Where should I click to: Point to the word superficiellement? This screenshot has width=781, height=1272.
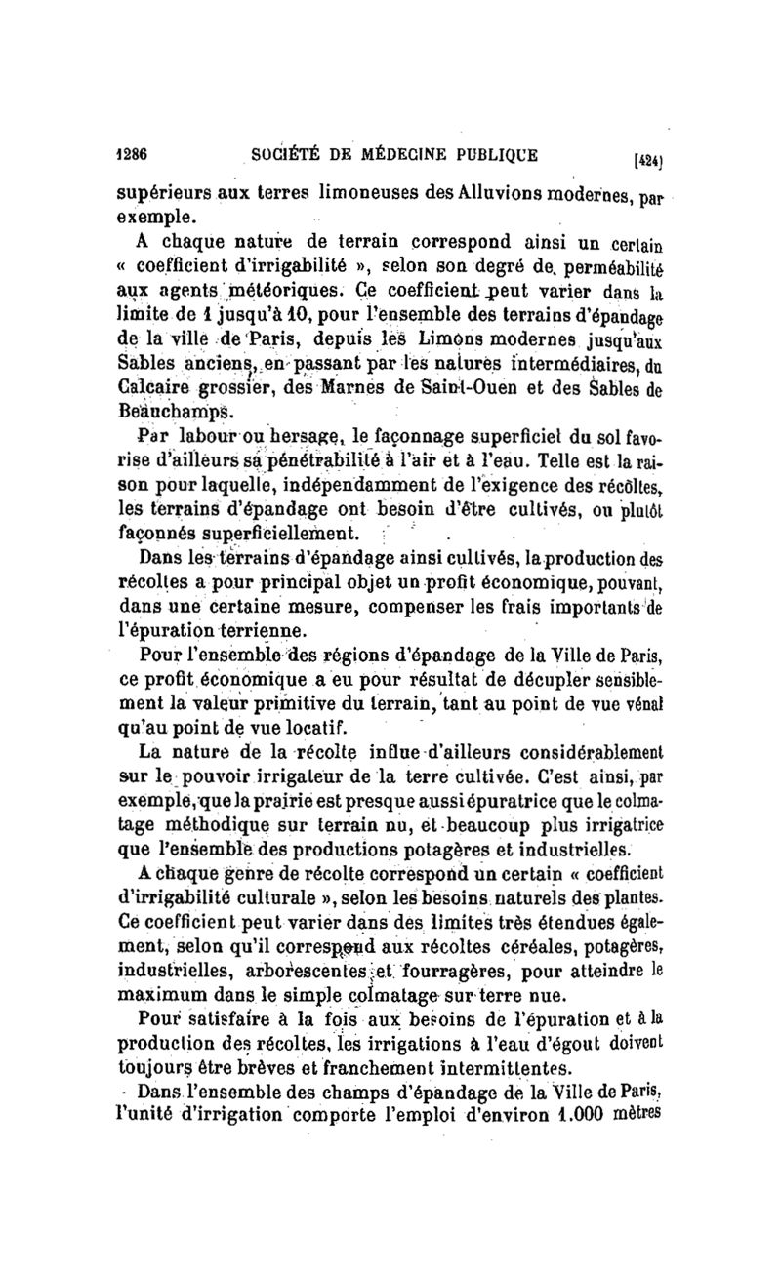point(285,533)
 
